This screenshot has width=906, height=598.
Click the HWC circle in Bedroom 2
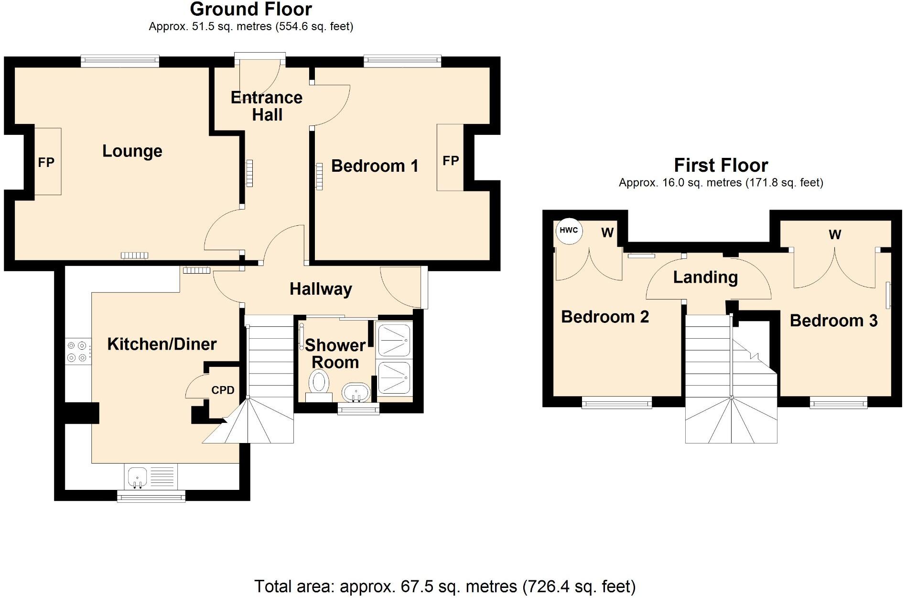[569, 230]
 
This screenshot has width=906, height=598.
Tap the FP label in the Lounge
[46, 163]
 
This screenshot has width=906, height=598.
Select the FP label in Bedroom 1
[451, 161]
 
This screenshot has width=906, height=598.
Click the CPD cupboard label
[223, 390]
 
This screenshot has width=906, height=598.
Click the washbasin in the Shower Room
[356, 393]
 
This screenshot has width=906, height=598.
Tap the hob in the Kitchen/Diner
[77, 351]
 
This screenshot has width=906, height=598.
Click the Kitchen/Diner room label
[162, 344]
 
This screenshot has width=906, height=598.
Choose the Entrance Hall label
[267, 106]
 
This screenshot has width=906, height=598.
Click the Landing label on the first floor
[705, 277]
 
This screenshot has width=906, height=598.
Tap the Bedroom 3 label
[833, 321]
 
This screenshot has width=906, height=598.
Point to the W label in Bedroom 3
[835, 234]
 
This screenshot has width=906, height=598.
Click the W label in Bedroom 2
[607, 233]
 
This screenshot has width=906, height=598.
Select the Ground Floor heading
[251, 9]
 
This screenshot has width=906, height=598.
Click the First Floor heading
[721, 166]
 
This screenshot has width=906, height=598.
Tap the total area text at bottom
[445, 586]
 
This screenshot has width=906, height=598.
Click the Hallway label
[321, 289]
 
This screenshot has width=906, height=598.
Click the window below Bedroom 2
[617, 403]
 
